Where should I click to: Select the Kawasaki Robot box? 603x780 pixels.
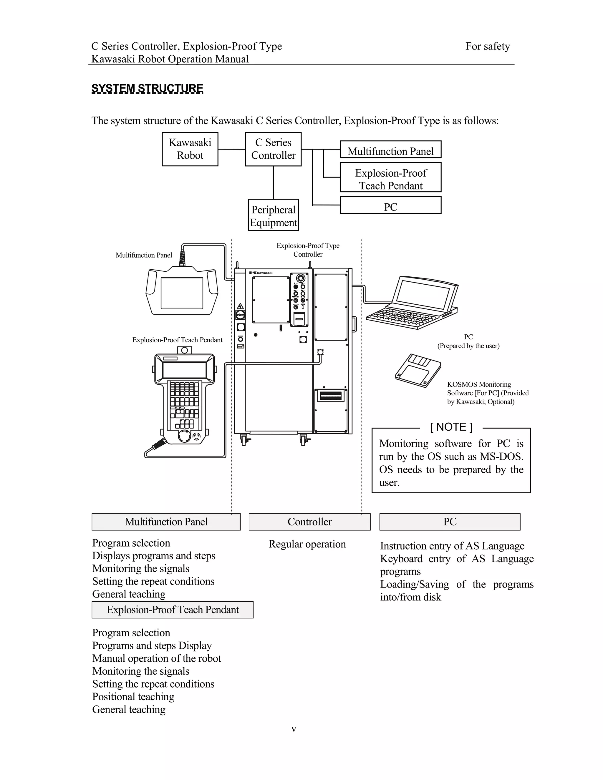point(190,149)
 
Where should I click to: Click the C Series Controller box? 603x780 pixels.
point(273,149)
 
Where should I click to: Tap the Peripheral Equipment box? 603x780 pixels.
point(273,215)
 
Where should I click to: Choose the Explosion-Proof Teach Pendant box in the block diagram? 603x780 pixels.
point(390,177)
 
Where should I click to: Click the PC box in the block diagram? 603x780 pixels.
point(390,205)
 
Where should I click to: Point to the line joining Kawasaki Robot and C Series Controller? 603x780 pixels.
point(231,149)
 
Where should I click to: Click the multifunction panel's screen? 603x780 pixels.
point(182,293)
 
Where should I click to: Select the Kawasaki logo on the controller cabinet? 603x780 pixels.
point(261,273)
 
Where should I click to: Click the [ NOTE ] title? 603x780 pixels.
point(451,427)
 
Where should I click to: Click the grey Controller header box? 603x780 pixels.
point(309,522)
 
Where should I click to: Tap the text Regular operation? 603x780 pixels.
point(307,544)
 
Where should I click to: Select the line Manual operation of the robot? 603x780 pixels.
point(156,658)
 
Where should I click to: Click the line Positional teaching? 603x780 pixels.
point(133,696)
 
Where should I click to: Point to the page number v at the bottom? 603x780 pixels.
point(294,729)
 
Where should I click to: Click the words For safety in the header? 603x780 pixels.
point(487,47)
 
